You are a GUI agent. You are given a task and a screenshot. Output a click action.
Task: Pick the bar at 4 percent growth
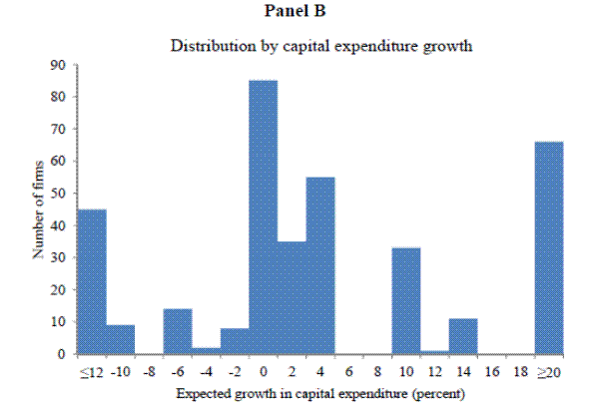click(320, 265)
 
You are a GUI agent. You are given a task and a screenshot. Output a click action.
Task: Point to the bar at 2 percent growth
click(292, 297)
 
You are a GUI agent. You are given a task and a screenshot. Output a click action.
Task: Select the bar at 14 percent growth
click(464, 336)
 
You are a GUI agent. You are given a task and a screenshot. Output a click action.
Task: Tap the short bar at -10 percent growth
click(121, 339)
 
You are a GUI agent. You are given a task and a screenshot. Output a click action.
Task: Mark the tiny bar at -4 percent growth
click(207, 350)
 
